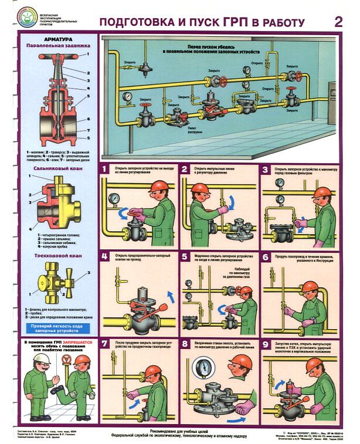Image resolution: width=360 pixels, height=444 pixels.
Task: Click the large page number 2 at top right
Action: (x=338, y=22)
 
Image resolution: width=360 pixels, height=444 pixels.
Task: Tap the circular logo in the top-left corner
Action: (x=26, y=17)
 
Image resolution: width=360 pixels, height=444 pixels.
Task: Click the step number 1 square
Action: (x=104, y=170)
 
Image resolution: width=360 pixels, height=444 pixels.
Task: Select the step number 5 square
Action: (x=185, y=257)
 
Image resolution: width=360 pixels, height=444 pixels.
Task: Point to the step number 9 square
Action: (x=266, y=344)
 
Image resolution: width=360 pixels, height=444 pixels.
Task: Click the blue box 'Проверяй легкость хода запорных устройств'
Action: (x=56, y=327)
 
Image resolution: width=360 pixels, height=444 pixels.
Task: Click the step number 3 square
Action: (x=266, y=170)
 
